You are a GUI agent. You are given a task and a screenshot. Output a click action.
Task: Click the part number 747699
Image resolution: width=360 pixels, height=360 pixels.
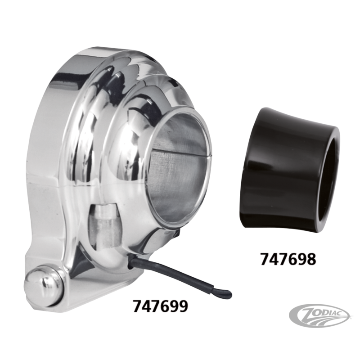tap(160, 306)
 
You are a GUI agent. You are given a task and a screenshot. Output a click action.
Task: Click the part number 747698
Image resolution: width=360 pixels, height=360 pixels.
tap(288, 259)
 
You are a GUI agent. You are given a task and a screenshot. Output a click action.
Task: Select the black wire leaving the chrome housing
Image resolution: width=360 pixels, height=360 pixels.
tap(179, 276)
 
